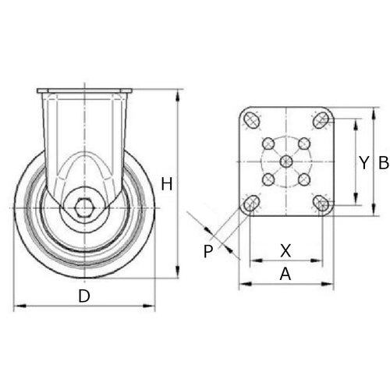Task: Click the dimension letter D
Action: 83,296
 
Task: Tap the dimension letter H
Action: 166,184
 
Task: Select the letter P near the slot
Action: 207,251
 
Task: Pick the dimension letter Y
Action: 363,162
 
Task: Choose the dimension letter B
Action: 383,162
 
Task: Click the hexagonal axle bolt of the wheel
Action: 84,208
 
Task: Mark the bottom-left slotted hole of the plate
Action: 251,204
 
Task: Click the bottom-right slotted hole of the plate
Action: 321,204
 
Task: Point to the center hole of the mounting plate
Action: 286,161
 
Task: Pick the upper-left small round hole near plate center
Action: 269,144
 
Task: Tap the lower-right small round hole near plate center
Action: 304,179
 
